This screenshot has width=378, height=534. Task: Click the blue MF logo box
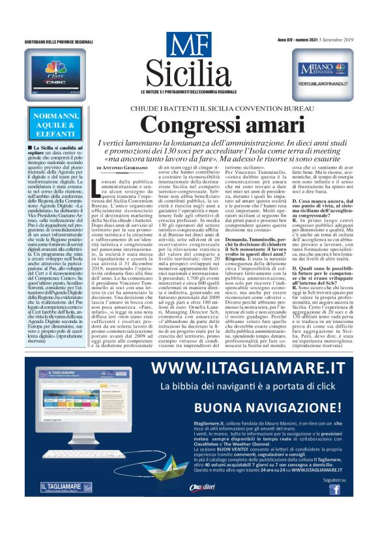coord(189,45)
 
